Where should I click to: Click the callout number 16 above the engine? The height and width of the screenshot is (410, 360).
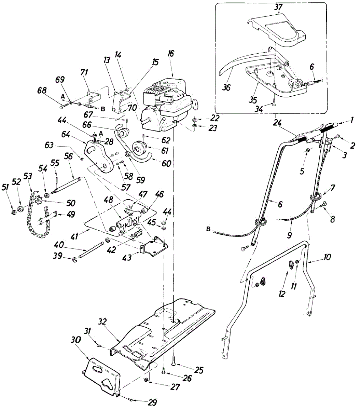171,53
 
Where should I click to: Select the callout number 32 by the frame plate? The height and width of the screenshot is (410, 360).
102,322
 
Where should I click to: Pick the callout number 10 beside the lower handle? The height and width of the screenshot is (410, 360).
327,257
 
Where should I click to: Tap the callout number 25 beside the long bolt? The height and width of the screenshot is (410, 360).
199,370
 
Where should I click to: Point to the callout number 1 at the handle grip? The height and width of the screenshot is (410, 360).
352,120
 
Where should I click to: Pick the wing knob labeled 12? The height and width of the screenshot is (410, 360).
291,265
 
